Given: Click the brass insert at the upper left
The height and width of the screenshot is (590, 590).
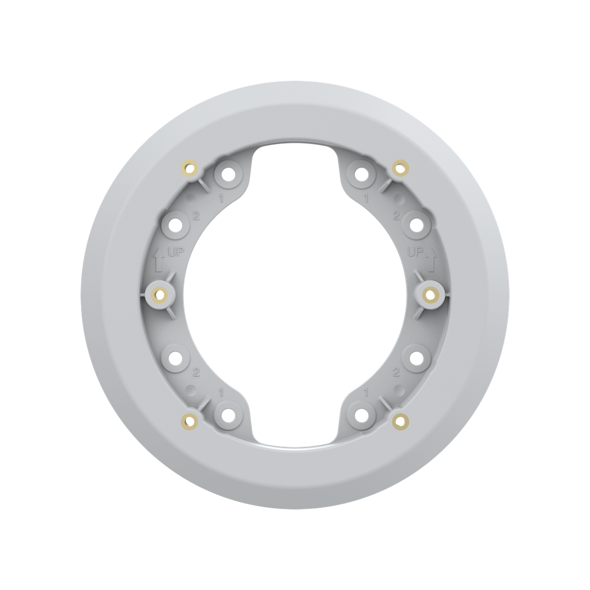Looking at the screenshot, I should click(190, 168).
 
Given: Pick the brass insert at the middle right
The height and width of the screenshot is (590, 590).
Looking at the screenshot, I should click(429, 295).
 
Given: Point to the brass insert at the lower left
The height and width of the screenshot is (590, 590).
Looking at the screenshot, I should click(190, 421).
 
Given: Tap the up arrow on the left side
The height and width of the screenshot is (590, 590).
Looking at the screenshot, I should click(159, 259).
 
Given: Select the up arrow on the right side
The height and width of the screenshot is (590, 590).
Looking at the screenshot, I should click(430, 259).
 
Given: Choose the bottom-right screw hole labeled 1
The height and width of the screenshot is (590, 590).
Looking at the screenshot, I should click(361, 414).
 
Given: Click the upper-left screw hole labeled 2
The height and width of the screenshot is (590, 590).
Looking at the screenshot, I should click(175, 224).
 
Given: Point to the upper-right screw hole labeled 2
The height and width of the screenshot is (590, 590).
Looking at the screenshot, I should click(414, 224).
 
